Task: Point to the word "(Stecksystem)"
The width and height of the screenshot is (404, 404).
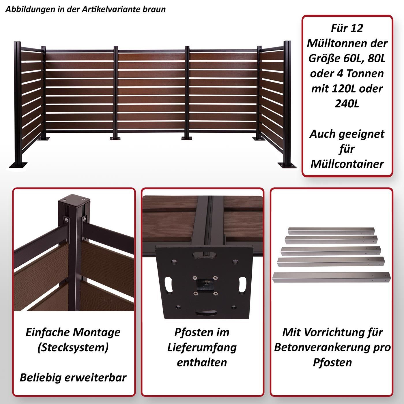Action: [73, 347]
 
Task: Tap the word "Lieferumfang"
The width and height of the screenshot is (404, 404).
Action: [202, 348]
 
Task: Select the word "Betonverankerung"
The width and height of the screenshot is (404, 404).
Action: [321, 347]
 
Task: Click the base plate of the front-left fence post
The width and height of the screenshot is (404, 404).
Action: [18, 165]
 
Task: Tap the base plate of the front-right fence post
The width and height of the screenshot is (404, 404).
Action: [287, 165]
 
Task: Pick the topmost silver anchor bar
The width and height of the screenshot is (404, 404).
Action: [331, 231]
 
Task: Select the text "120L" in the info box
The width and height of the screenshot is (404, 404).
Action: [344, 89]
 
